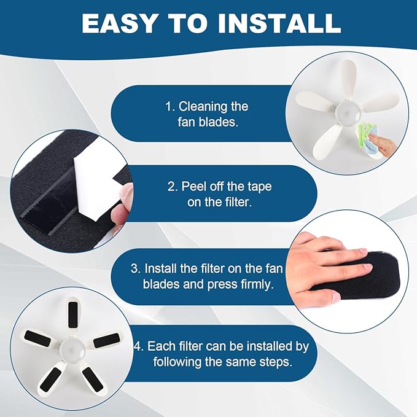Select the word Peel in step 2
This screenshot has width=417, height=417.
click(194, 187)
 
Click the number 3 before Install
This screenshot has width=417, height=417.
click(135, 268)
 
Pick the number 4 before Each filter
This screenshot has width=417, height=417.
click(138, 346)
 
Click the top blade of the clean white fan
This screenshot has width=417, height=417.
click(348, 80)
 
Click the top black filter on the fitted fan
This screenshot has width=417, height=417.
click(72, 314)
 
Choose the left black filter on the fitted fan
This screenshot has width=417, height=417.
click(37, 338)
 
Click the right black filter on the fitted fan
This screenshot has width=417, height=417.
click(106, 340)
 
